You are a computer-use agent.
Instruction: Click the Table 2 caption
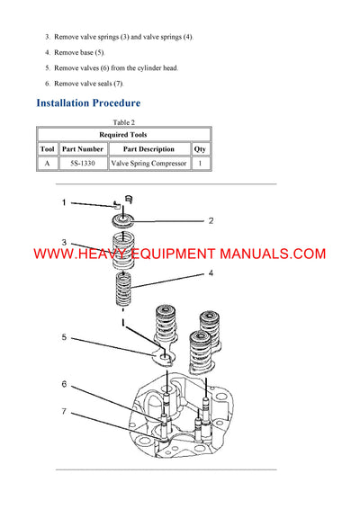[123, 122]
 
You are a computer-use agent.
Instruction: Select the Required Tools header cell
[123, 134]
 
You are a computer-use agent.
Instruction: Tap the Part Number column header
[83, 148]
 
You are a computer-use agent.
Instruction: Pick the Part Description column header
[148, 148]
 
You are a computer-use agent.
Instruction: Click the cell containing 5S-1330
[83, 164]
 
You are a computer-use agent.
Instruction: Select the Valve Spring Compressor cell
[148, 164]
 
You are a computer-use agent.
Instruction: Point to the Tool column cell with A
[48, 164]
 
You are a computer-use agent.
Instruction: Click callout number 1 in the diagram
[64, 203]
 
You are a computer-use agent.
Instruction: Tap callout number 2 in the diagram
[211, 219]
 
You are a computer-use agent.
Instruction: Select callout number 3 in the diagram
[64, 242]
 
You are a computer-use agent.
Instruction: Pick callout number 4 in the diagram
[211, 272]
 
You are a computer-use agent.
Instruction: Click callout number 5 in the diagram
[64, 337]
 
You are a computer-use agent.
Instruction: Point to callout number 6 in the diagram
[64, 384]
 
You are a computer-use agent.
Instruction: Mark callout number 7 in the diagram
[64, 412]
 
